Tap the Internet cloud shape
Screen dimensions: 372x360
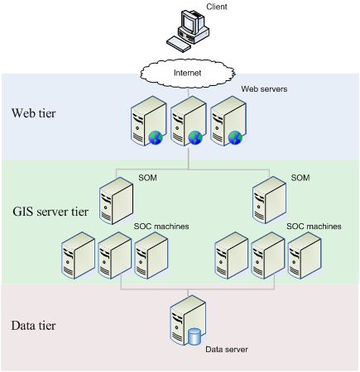(187, 73)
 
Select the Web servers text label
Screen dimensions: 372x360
(265, 88)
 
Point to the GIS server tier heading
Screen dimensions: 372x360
(50, 212)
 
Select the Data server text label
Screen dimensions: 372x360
(228, 349)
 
